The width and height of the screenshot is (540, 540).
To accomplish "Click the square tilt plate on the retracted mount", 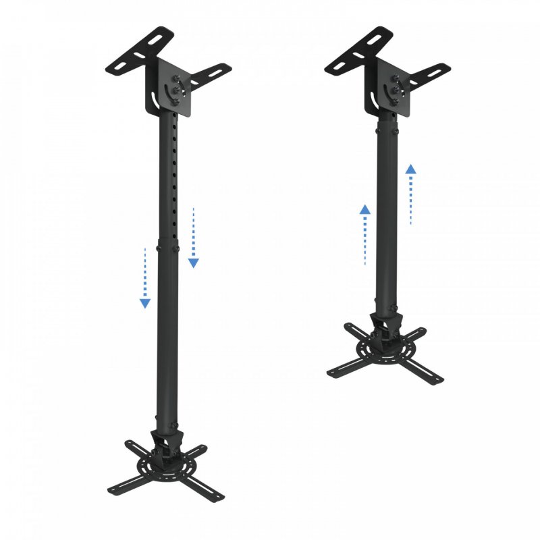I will point(394,85).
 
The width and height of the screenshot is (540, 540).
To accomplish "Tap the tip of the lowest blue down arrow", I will point(145,304).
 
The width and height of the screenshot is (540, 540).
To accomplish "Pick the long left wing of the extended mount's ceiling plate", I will point(135,52).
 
